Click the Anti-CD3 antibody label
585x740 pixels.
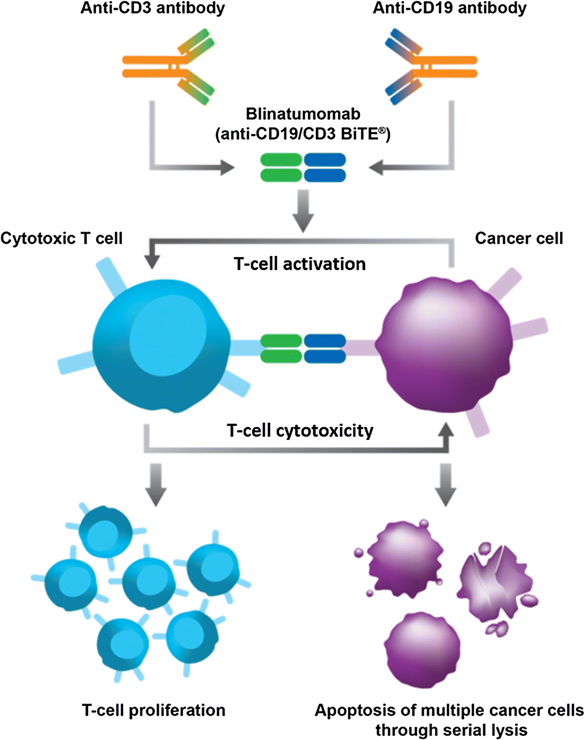(x=153, y=8)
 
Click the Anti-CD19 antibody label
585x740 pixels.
(x=450, y=8)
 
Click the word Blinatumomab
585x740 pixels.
(x=303, y=114)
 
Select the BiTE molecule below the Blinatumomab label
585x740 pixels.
(x=303, y=167)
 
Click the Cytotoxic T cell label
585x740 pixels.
(x=62, y=239)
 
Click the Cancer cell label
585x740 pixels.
(x=519, y=239)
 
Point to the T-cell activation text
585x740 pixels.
(x=300, y=264)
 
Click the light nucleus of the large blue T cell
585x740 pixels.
(x=167, y=336)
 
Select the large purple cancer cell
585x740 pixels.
(x=446, y=346)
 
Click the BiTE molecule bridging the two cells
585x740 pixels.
(x=303, y=349)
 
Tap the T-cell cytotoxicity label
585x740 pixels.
(x=300, y=431)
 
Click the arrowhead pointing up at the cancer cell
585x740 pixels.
(x=446, y=431)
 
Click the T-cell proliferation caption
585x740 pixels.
(x=153, y=710)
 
